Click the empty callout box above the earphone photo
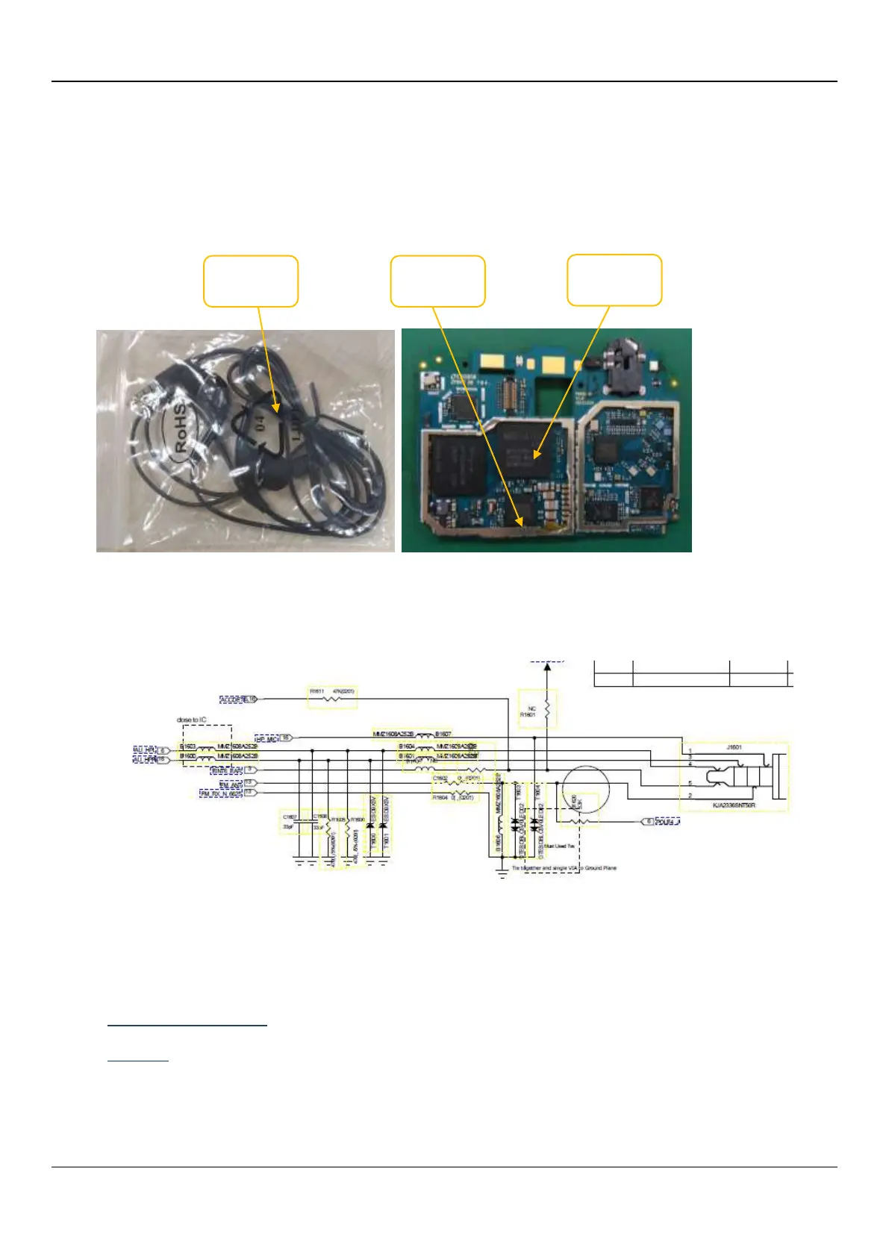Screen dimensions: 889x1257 [251, 281]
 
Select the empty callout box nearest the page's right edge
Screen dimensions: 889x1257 [614, 280]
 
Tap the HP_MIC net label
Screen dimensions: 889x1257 [266, 738]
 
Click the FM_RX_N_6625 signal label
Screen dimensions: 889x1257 [221, 794]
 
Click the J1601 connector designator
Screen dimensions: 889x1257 [734, 746]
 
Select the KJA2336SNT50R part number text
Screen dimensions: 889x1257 [734, 806]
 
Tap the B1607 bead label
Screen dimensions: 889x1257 [443, 734]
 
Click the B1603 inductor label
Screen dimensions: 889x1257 [187, 746]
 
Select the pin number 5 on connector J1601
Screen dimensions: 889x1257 [690, 783]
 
